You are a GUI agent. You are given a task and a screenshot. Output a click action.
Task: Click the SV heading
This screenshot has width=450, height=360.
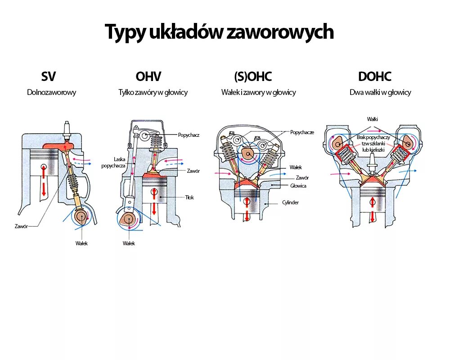(x=49, y=76)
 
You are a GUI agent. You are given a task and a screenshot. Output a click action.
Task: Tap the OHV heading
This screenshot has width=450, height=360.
(x=148, y=76)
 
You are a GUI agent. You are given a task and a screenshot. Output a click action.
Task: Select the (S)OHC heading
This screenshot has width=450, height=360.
(x=253, y=76)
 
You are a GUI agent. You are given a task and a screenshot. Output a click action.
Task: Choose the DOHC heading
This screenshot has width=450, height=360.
(x=374, y=76)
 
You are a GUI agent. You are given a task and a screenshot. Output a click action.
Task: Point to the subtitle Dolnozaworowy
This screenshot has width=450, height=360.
(x=51, y=92)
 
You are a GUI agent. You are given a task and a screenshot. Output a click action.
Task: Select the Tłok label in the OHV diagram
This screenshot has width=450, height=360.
(x=189, y=198)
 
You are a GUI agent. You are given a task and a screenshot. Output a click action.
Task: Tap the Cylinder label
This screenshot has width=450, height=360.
(x=290, y=202)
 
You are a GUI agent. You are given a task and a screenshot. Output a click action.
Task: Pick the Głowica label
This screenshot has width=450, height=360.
(x=298, y=185)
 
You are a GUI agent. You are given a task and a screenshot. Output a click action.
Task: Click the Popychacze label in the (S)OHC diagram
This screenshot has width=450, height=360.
(x=302, y=132)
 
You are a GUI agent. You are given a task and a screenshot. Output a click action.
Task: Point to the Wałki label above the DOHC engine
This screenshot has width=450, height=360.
(x=372, y=119)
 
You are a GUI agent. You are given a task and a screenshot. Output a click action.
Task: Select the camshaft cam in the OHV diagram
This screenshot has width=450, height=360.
(x=129, y=220)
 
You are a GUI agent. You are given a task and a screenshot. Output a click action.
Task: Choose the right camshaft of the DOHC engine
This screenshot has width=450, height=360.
(x=408, y=142)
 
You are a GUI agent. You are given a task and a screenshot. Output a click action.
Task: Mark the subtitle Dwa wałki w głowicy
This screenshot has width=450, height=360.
(x=380, y=92)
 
